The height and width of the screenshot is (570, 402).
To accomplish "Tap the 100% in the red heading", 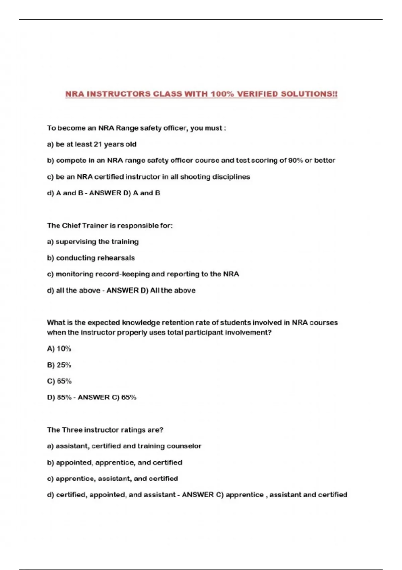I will pyautogui.click(x=222, y=94).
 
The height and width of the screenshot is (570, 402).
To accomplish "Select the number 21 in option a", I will pyautogui.click(x=97, y=144).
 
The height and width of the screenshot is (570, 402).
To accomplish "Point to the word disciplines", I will pyautogui.click(x=231, y=177).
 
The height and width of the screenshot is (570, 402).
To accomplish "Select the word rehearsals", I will pyautogui.click(x=116, y=258).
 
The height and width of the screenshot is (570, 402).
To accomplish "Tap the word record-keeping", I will pyautogui.click(x=122, y=274).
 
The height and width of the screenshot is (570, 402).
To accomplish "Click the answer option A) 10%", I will pyautogui.click(x=59, y=349).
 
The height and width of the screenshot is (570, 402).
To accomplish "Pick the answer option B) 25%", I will pyautogui.click(x=59, y=365).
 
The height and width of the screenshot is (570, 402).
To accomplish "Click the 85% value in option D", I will pyautogui.click(x=64, y=397).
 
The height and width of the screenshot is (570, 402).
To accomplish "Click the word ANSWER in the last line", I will pyautogui.click(x=198, y=495).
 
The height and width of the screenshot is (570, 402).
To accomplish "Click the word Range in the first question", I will pyautogui.click(x=127, y=128).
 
